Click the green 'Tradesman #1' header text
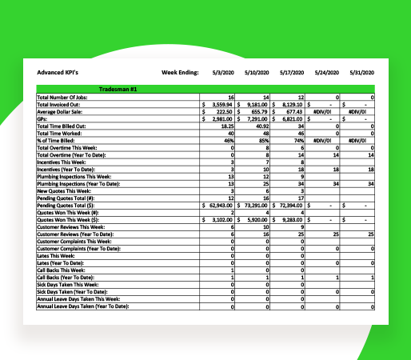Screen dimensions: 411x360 click(117, 89)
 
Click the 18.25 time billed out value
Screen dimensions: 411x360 click(225, 126)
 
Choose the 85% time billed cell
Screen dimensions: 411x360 click(264, 140)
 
